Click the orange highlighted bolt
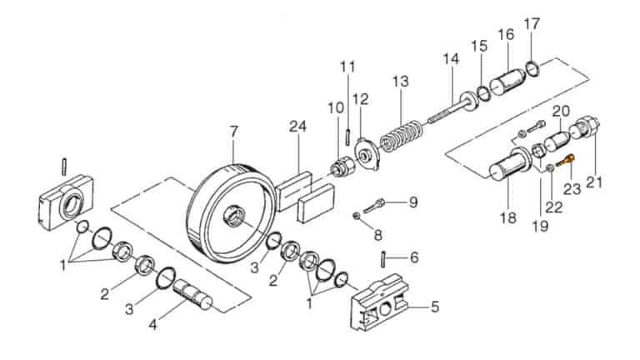565,161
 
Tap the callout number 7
233,132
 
